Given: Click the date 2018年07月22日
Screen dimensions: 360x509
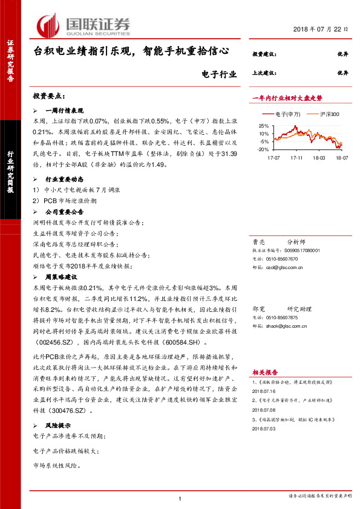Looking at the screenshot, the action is [322, 30].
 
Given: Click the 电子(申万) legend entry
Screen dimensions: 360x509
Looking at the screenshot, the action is [285, 114].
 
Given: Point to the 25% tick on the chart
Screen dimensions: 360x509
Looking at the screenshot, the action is [263, 126].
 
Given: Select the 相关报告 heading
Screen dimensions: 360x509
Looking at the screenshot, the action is [264, 373].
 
